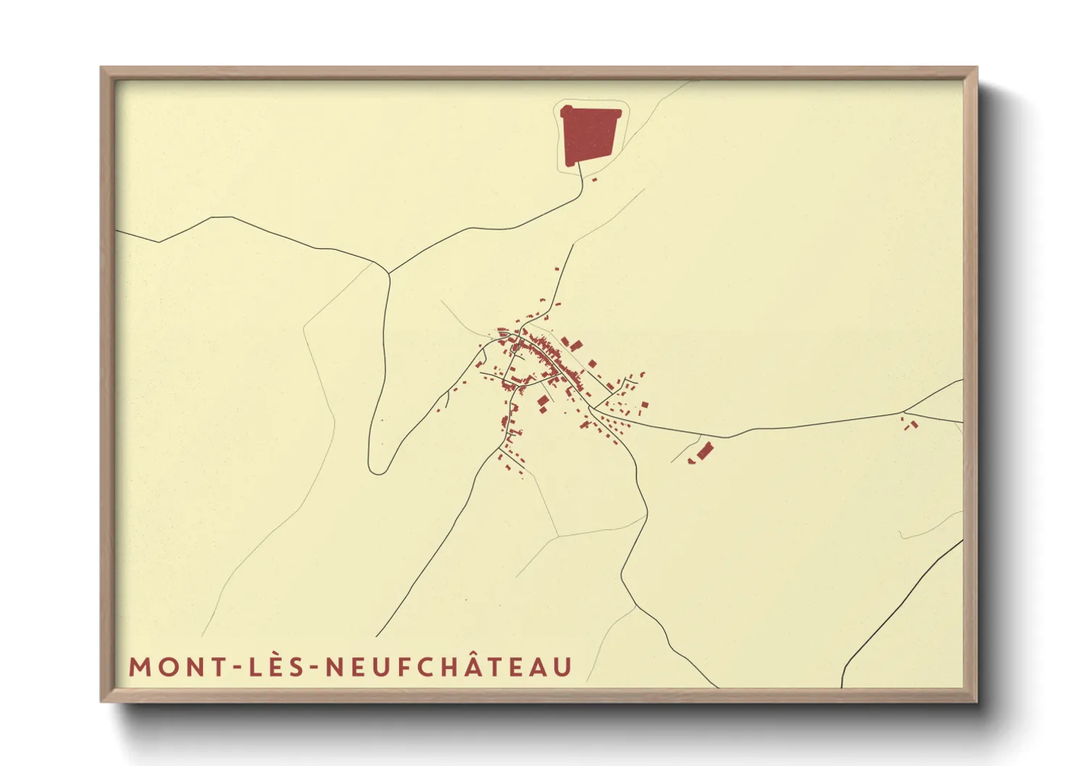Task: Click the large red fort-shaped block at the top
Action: [x=590, y=135]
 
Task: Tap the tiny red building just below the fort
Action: [x=594, y=179]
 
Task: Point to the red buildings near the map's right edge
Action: [x=910, y=423]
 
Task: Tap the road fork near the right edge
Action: [x=905, y=413]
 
